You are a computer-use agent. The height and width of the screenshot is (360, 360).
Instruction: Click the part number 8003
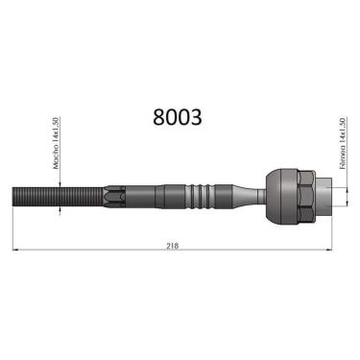point(178,117)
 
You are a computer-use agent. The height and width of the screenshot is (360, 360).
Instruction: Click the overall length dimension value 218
point(173,246)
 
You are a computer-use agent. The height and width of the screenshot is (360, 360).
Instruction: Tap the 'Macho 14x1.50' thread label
point(58,144)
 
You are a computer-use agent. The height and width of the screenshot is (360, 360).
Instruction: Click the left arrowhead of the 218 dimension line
point(16,251)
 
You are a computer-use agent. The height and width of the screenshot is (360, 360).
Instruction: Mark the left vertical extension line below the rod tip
point(13,230)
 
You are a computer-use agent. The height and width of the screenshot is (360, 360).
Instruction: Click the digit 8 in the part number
point(159,117)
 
